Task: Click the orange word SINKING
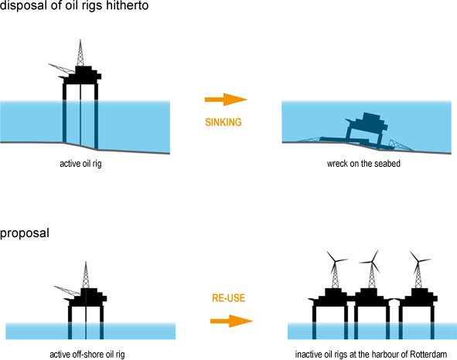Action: coord(223,122)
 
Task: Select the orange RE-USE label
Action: coord(229,298)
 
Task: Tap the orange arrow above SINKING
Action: coord(226,100)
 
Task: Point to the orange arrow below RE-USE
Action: coord(232,321)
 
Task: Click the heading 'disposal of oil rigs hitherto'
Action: coord(74,5)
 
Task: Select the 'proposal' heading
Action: coord(25,233)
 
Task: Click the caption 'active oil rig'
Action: coord(80,164)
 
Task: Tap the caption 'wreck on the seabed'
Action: coord(363,164)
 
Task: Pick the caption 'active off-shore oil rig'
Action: coord(87,355)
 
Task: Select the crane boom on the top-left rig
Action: coord(62,69)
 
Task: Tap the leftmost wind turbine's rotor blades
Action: coord(336,261)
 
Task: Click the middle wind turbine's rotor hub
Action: coord(372,262)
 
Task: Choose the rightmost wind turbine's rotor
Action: coord(418,260)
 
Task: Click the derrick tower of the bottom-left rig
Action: coord(86,275)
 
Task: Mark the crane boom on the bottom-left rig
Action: coord(67,291)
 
